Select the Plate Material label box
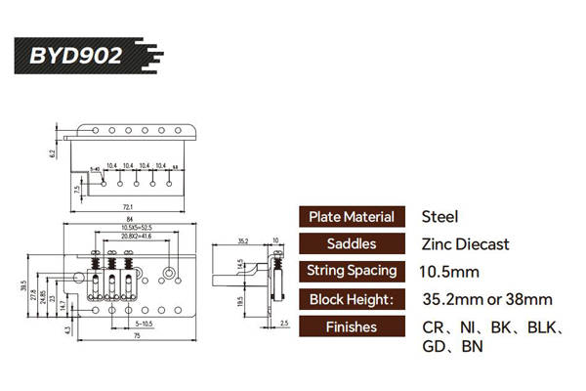tap(351, 217)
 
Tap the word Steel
tap(439, 217)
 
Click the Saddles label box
tap(351, 244)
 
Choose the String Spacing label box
tap(351, 272)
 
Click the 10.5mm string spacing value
tap(450, 272)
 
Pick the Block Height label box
tap(351, 299)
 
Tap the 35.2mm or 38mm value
tap(486, 299)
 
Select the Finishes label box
tap(351, 326)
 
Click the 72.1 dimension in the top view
tap(128, 207)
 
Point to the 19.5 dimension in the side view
tap(240, 302)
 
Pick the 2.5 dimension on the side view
tap(283, 321)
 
